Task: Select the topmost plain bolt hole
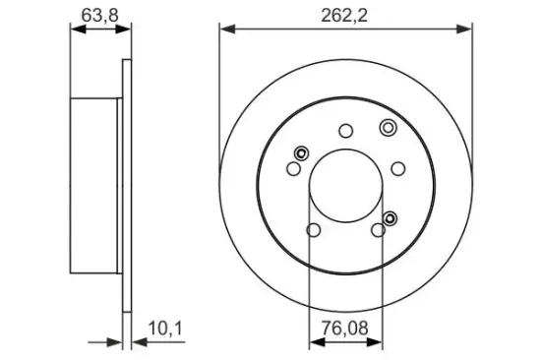tap(345, 130)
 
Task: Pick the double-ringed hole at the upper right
tap(387, 126)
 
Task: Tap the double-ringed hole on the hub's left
tap(301, 152)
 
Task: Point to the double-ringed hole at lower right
tap(391, 217)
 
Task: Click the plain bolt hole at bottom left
tap(314, 231)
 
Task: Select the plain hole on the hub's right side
tap(398, 167)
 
